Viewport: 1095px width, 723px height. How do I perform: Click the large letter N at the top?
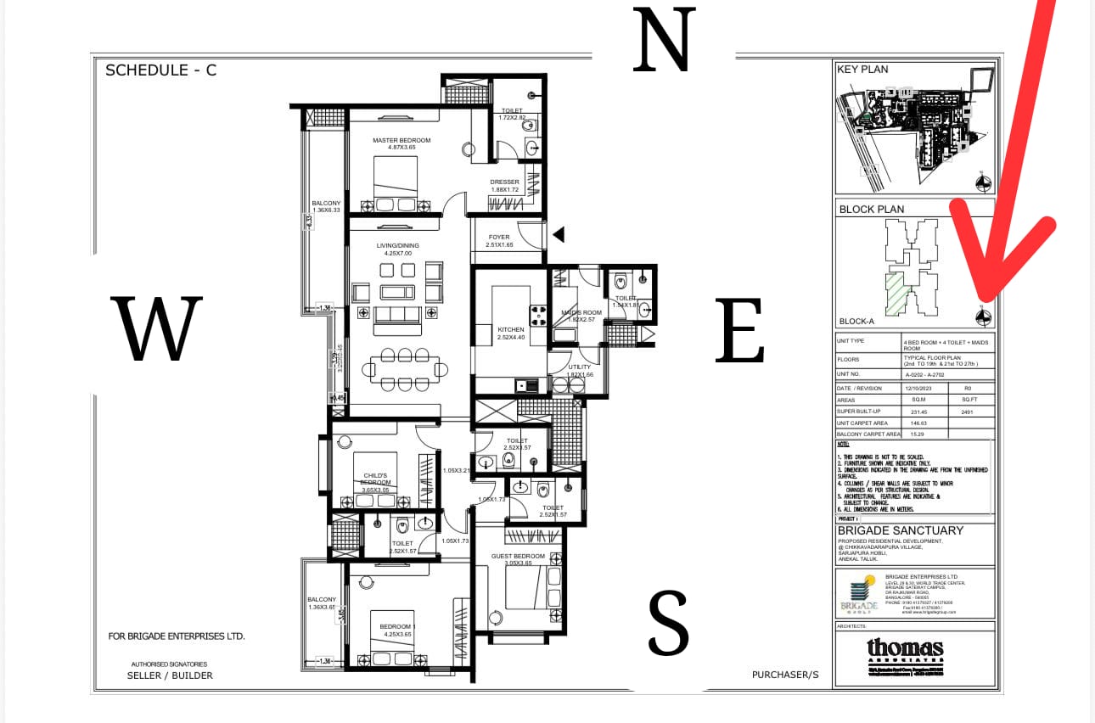click(664, 40)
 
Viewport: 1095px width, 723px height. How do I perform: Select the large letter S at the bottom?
click(668, 624)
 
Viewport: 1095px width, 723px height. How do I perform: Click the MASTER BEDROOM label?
click(401, 141)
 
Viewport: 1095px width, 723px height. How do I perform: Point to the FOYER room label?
click(498, 238)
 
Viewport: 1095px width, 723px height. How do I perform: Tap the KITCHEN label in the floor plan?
click(511, 329)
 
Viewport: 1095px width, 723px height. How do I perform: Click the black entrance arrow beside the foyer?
click(558, 234)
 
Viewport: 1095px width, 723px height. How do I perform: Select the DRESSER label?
click(504, 182)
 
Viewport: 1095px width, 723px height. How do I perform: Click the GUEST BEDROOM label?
click(512, 556)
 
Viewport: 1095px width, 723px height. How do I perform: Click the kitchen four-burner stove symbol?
click(538, 316)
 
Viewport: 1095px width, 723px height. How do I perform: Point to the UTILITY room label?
click(580, 367)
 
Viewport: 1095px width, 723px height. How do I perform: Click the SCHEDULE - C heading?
click(160, 70)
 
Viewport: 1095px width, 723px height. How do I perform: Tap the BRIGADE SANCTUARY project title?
click(900, 530)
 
